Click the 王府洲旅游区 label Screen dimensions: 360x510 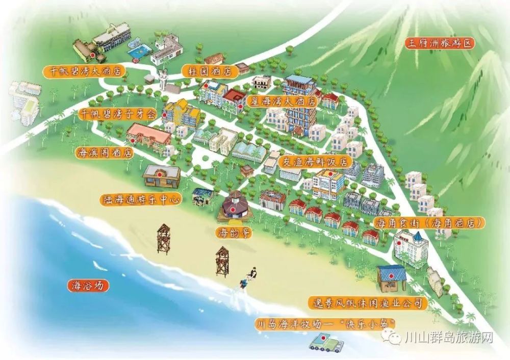pos(440,43)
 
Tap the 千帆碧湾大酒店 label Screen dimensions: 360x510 pos(84,71)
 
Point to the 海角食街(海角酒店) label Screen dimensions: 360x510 pos(429,223)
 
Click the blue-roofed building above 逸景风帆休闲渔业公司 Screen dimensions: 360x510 pos(392,277)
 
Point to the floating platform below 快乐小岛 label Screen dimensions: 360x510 pos(325,342)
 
